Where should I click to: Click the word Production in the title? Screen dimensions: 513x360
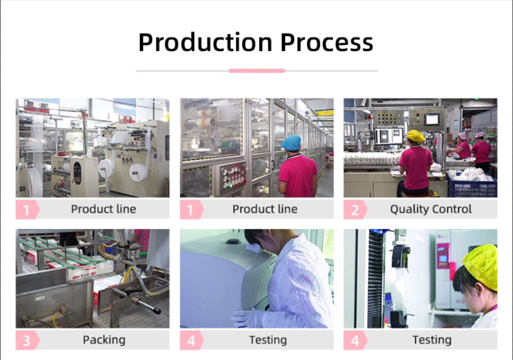205,42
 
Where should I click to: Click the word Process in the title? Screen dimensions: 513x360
326,42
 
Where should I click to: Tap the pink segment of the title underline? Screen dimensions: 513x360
257,71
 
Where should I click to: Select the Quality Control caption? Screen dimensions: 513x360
430,209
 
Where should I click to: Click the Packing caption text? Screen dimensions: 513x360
104,340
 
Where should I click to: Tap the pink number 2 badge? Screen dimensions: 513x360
355,210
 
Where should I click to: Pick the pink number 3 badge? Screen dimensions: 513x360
27,340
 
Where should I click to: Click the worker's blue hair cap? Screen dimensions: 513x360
291,143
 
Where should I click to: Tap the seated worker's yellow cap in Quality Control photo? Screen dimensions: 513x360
415,136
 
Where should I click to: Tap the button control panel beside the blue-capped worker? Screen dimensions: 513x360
232,179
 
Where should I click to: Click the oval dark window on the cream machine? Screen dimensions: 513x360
77,172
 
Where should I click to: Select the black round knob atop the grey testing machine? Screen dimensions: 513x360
233,241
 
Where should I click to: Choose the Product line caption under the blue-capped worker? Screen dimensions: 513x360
265,209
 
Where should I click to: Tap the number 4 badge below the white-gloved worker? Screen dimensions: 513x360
191,340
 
